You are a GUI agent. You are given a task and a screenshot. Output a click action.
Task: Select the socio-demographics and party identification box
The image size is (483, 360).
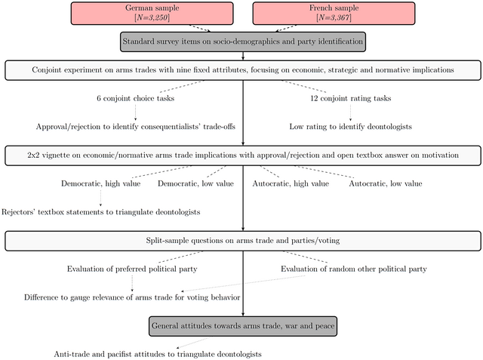[243, 42]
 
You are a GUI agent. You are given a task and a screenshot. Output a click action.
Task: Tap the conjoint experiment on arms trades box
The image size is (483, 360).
[243, 70]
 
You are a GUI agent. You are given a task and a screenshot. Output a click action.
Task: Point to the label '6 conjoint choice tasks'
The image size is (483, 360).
[136, 99]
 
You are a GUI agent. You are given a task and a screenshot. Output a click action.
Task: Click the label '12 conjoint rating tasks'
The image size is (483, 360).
[351, 99]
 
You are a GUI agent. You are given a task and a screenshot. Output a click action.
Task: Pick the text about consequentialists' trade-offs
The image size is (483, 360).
[136, 127]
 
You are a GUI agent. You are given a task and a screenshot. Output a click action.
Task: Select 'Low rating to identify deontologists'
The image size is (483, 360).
[351, 127]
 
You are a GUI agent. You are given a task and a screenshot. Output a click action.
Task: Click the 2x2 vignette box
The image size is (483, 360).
[243, 155]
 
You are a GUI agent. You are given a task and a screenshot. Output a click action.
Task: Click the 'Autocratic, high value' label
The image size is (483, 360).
[291, 183]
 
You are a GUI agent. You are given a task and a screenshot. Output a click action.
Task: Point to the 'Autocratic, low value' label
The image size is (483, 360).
[385, 183]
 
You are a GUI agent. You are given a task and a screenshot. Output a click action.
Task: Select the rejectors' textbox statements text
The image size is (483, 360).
[101, 212]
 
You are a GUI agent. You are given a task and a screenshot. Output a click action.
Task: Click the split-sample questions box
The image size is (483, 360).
[243, 241]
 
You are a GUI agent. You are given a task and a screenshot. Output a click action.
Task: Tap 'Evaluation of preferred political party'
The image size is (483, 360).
[133, 269]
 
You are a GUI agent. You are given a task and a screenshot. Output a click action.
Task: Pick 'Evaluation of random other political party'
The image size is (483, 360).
[354, 269]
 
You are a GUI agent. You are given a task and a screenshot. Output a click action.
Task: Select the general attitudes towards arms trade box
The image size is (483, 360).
[243, 326]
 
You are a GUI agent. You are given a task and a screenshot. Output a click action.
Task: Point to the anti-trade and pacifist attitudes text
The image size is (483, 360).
[158, 354]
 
